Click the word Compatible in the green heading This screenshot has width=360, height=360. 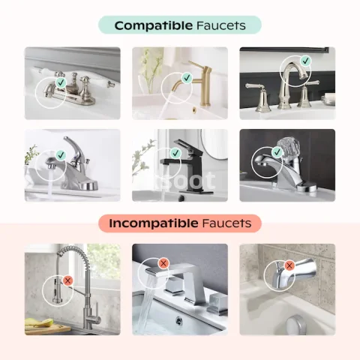pyautogui.click(x=154, y=25)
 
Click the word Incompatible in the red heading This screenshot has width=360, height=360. pyautogui.click(x=154, y=223)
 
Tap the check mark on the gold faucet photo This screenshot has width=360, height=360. pyautogui.click(x=187, y=78)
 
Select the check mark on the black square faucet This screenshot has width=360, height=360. pyautogui.click(x=175, y=153)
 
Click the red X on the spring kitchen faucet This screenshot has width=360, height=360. pyautogui.click(x=67, y=280)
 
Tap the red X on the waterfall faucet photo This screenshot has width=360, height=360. pyautogui.click(x=163, y=263)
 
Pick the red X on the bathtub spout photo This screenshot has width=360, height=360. pyautogui.click(x=289, y=265)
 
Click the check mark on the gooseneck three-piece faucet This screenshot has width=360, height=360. pyautogui.click(x=305, y=61)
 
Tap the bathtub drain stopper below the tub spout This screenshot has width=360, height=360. pyautogui.click(x=296, y=325)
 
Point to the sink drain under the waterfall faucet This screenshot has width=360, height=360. pyautogui.click(x=178, y=320)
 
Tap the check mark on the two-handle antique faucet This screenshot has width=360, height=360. pyautogui.click(x=61, y=82)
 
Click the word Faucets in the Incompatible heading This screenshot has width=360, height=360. pyautogui.click(x=227, y=223)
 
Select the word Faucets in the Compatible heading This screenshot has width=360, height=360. pyautogui.click(x=221, y=25)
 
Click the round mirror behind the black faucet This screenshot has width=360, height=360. pyautogui.click(x=214, y=144)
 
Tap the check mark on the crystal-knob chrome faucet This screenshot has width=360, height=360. pyautogui.click(x=277, y=152)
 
